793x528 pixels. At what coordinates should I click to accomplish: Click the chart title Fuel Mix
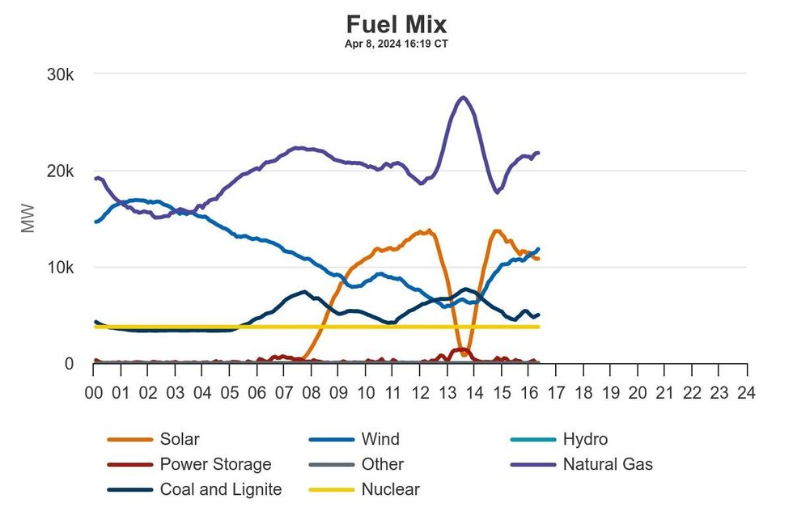(396, 23)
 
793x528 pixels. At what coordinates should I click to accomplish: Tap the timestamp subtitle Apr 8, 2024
(396, 44)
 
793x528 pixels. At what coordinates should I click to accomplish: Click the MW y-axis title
(28, 219)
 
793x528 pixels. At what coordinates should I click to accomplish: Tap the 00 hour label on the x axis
(94, 393)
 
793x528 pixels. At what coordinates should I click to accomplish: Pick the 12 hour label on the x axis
(420, 393)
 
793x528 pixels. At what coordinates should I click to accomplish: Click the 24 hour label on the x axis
(746, 393)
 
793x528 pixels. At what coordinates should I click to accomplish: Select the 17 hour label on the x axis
(556, 393)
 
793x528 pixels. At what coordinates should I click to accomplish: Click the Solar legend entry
(179, 440)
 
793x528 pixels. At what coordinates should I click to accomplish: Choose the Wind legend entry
(380, 440)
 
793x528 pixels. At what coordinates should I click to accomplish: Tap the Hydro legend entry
(584, 440)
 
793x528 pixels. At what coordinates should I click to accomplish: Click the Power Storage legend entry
(215, 464)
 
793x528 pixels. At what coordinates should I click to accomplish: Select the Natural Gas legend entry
(607, 464)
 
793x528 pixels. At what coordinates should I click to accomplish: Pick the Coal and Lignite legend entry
(220, 489)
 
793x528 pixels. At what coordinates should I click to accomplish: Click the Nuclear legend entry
(390, 489)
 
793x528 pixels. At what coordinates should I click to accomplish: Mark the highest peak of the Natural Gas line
(463, 98)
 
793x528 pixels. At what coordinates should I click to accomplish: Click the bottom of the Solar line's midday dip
(462, 353)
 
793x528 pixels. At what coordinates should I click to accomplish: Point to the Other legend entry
(382, 464)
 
